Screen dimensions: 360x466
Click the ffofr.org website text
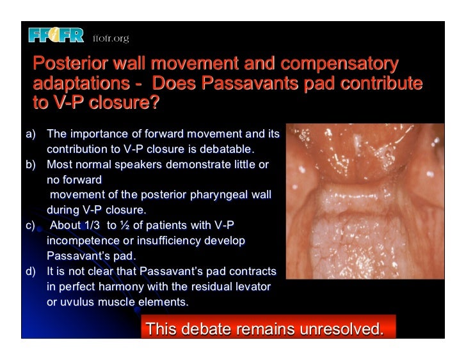tap(111, 38)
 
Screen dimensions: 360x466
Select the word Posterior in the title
tap(70, 65)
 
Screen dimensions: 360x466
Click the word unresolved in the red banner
tap(338, 329)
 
